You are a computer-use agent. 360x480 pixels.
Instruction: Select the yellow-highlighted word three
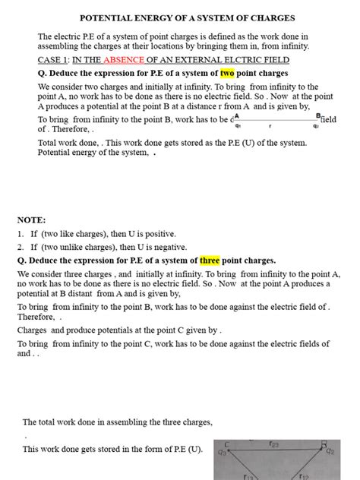tap(210, 261)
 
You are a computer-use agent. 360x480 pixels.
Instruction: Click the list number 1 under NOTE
tap(21, 234)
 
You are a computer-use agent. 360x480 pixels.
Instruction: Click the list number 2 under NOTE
tap(21, 247)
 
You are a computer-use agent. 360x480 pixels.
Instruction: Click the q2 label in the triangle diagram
tap(330, 451)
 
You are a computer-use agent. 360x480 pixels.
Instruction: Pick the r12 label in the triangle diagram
tap(304, 476)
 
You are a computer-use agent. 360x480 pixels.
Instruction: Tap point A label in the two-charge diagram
tap(237, 116)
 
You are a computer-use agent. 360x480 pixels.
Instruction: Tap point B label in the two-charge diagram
tap(317, 116)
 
